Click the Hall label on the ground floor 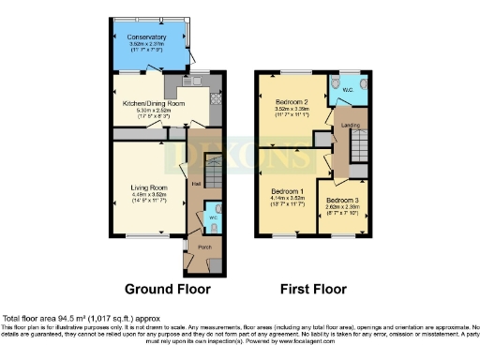tap(196, 183)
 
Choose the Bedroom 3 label tap(341, 200)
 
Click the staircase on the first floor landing tap(361, 145)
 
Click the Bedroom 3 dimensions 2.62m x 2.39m tap(341, 207)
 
